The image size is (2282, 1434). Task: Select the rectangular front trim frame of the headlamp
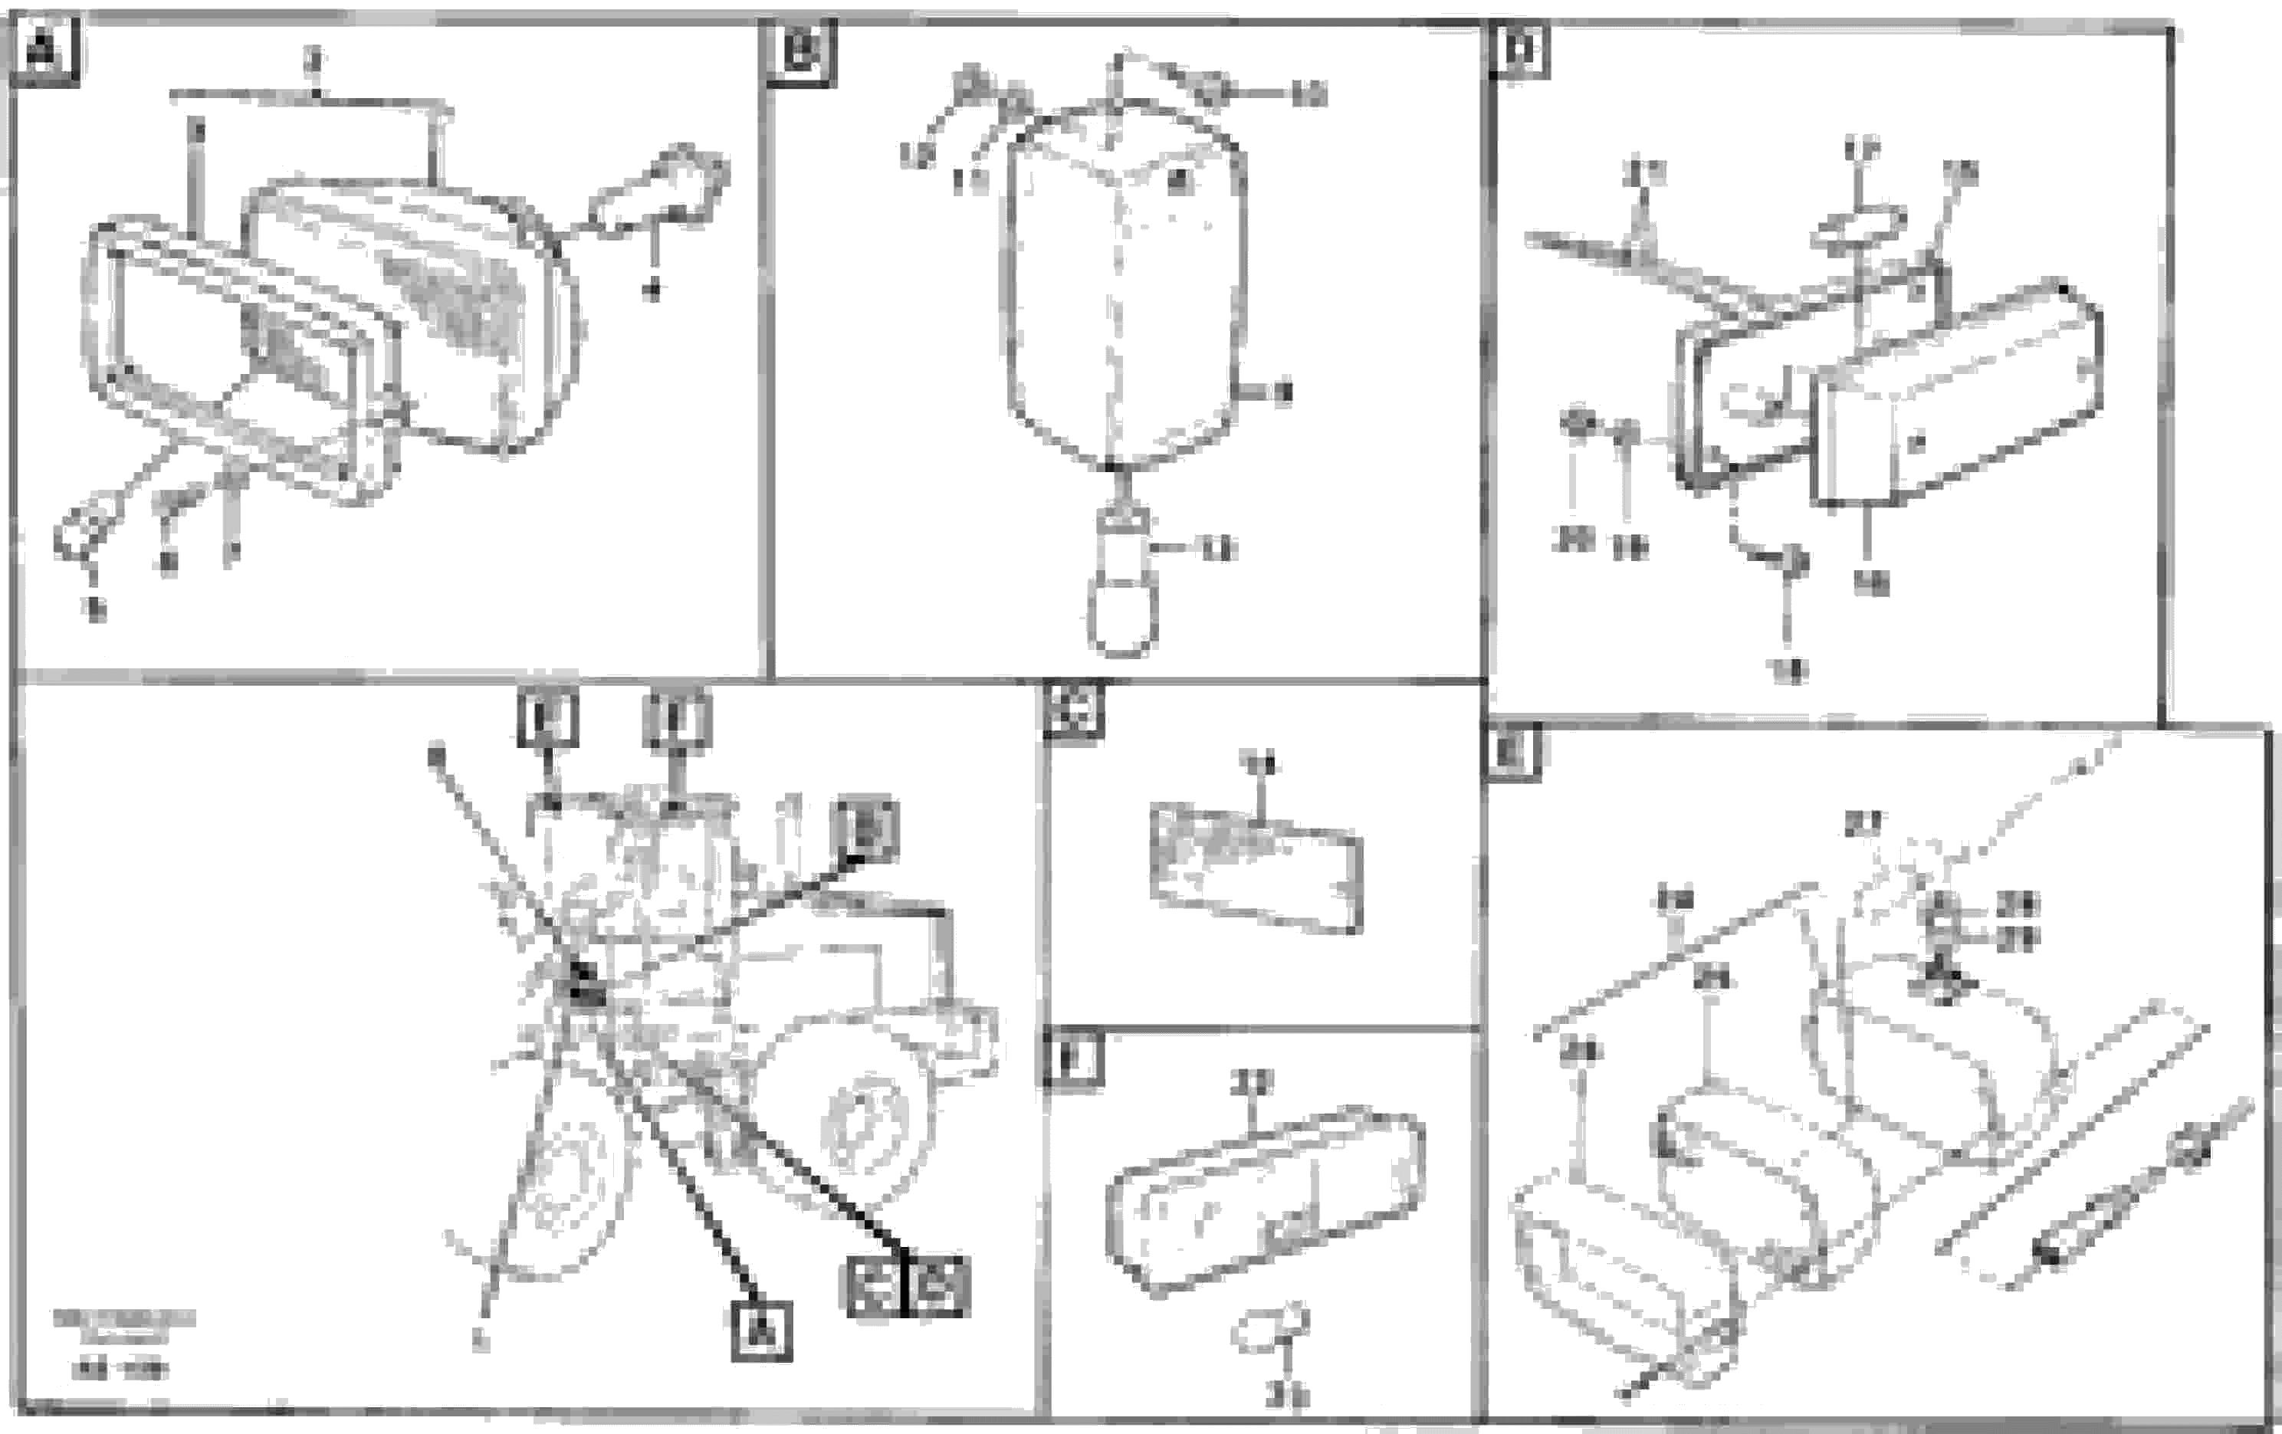coord(237,360)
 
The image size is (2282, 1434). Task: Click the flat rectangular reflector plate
coord(1256,868)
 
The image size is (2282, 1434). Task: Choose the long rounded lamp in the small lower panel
coord(1265,1199)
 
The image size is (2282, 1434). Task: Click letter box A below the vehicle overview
coord(762,1331)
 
